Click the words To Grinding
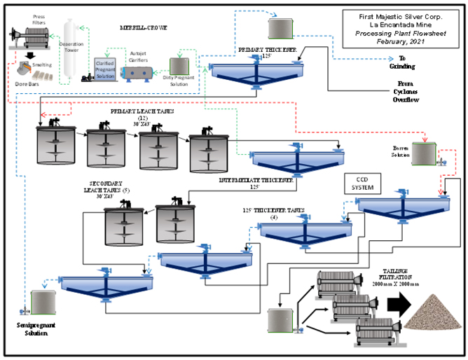click(412, 67)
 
